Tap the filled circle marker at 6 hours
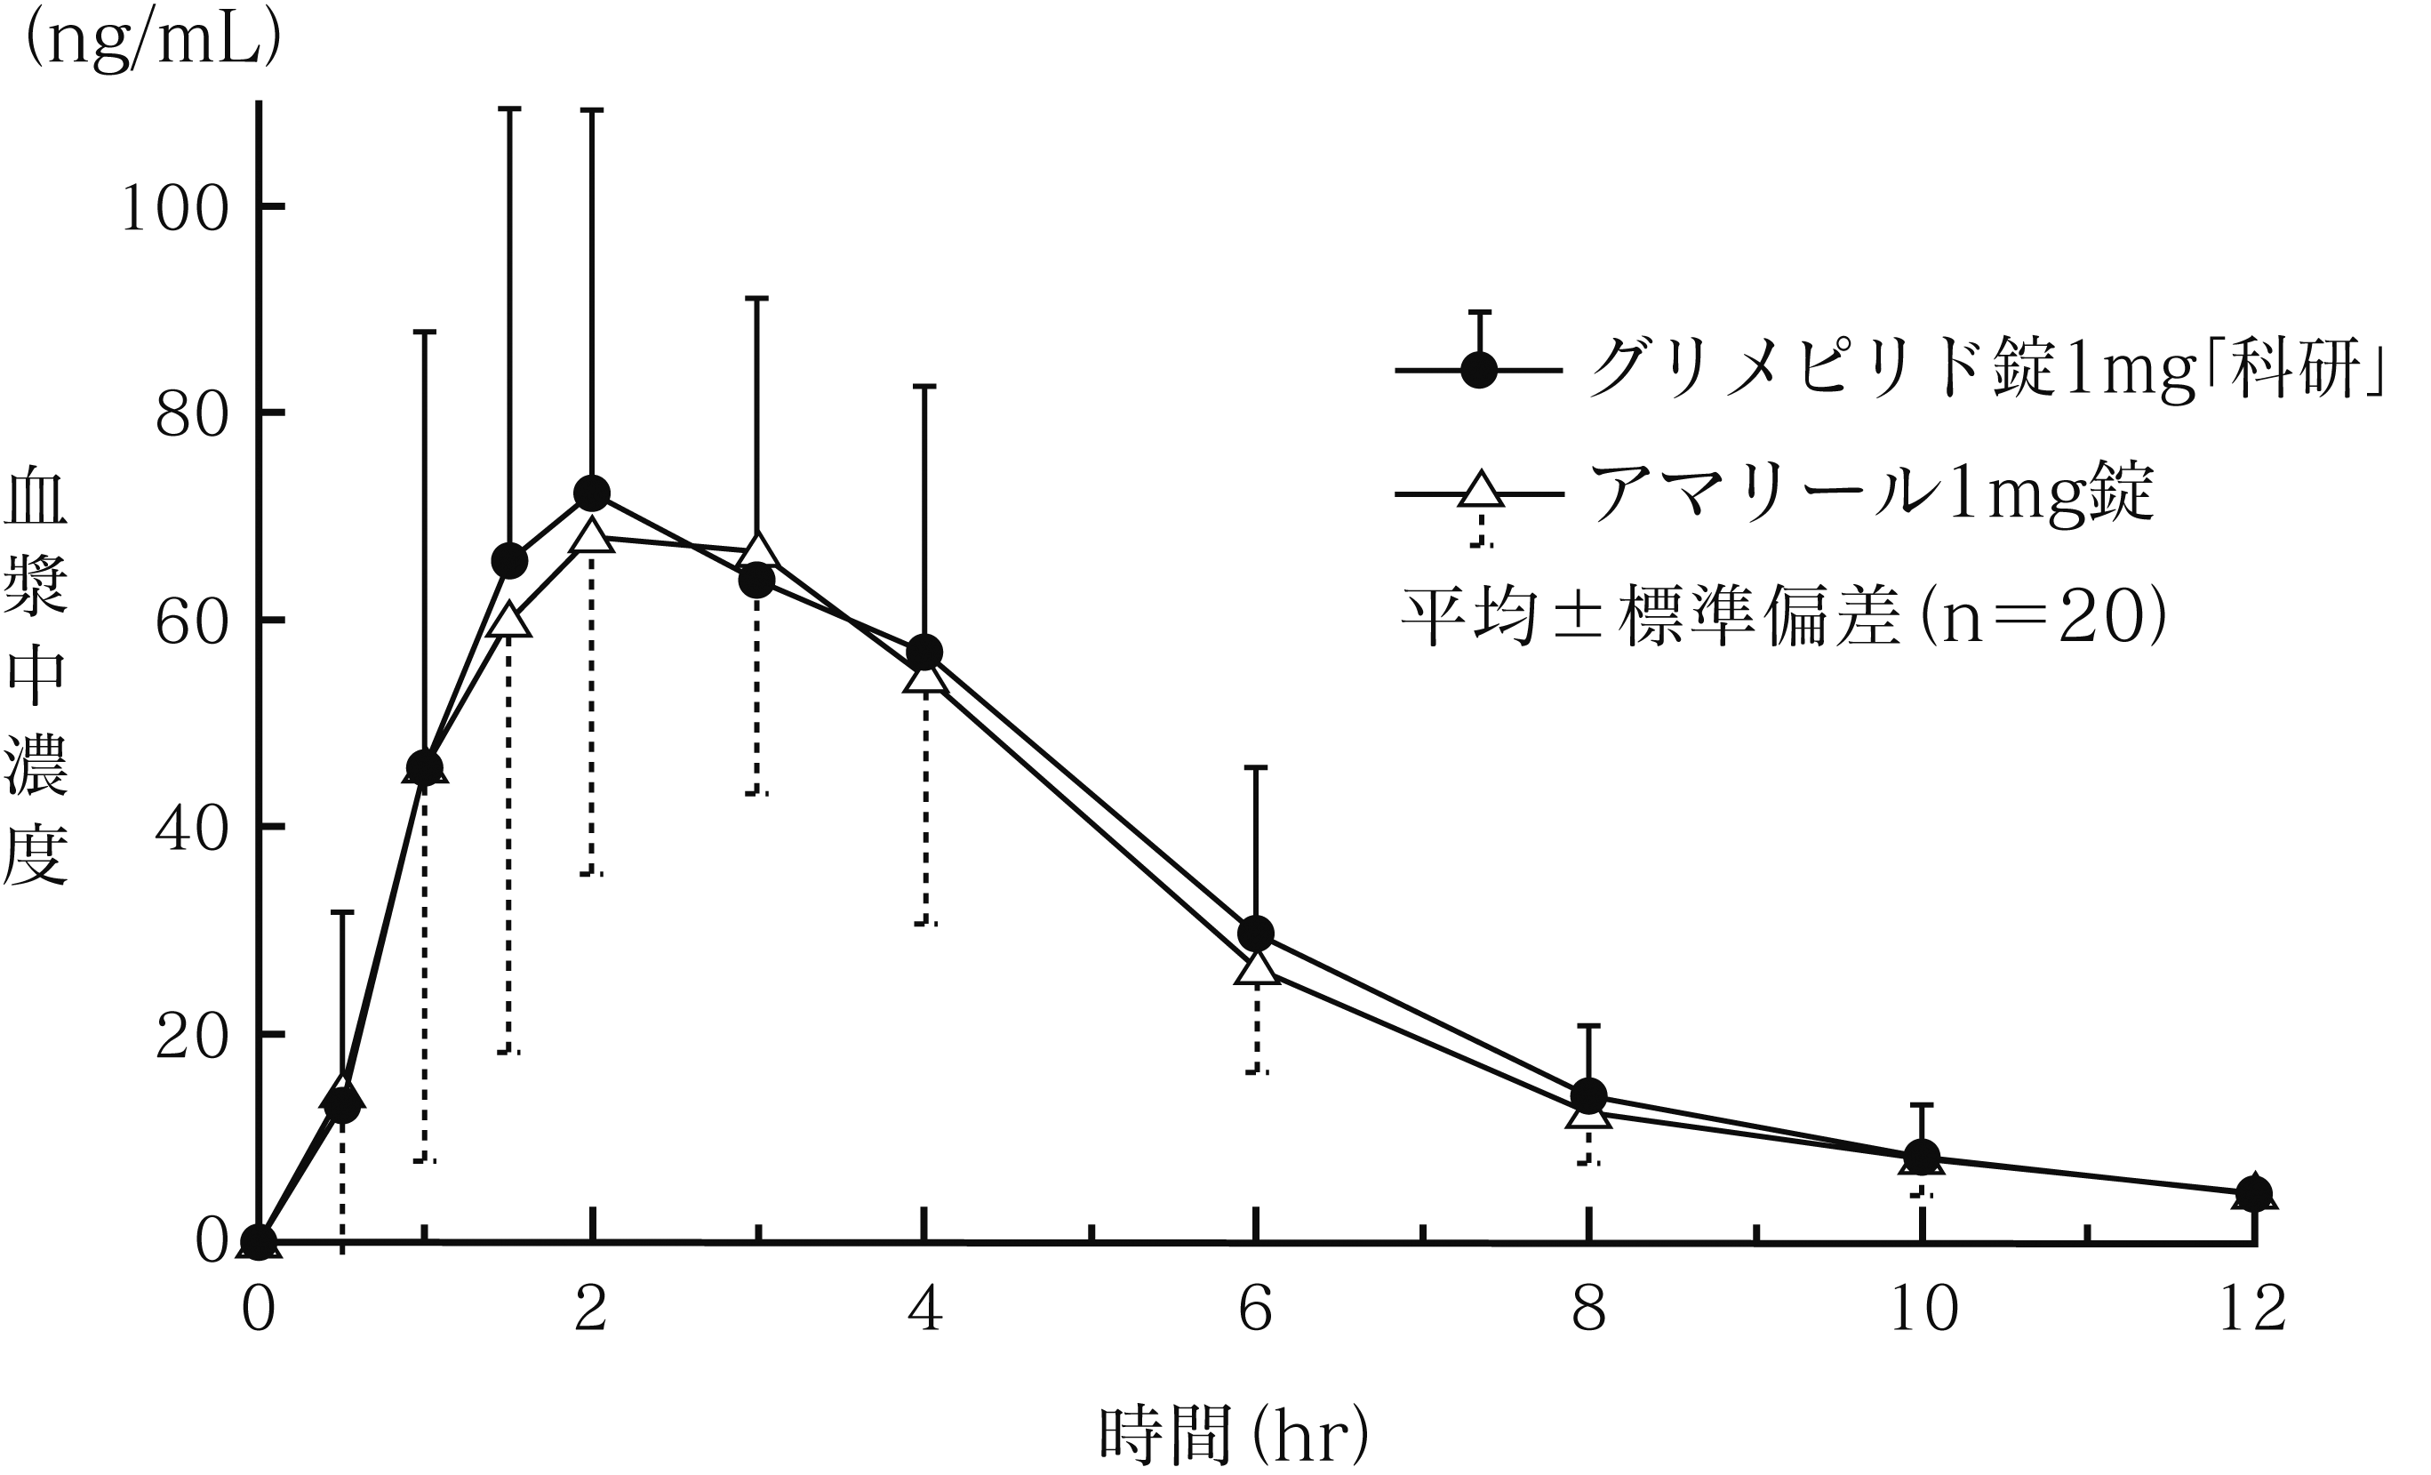pos(1256,933)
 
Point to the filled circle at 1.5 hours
pos(509,561)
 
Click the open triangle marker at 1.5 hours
pos(509,621)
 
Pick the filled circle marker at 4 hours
pos(924,653)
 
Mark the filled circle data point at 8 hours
pos(1588,1095)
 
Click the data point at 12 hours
pos(2255,1193)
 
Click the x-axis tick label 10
pos(1922,1311)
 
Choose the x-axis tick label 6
pos(1256,1311)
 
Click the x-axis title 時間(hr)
pos(1233,1435)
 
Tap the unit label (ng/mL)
pos(153,42)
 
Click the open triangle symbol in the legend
pos(1480,491)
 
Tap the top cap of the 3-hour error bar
pos(756,298)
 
